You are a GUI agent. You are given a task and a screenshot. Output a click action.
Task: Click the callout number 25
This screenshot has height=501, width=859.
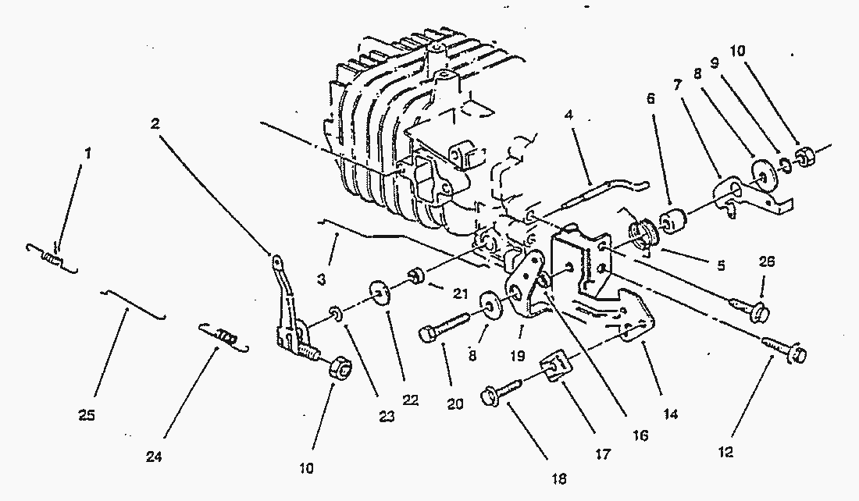(x=87, y=416)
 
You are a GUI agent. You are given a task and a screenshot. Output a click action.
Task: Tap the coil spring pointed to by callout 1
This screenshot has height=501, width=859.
(x=52, y=258)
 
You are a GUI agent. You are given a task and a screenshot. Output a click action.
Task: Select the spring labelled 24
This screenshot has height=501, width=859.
(x=224, y=336)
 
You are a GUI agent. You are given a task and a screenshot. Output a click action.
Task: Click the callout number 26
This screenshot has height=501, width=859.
(x=766, y=261)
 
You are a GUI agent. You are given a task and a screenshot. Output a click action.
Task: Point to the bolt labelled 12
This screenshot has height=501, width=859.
(x=785, y=349)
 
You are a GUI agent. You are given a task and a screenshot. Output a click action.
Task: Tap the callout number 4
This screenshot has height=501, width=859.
(x=569, y=115)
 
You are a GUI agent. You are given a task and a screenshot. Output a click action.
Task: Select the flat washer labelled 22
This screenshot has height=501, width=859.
(x=378, y=292)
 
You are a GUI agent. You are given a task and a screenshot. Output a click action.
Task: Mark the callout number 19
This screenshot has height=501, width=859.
(x=517, y=357)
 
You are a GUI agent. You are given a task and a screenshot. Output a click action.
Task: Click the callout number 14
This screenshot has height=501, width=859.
(x=670, y=414)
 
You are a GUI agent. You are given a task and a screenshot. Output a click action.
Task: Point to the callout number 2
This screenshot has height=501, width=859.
(x=155, y=124)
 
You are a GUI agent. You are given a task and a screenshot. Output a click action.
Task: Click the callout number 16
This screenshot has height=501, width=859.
(x=640, y=435)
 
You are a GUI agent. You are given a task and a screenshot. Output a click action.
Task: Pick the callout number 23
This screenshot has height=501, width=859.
(x=387, y=417)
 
